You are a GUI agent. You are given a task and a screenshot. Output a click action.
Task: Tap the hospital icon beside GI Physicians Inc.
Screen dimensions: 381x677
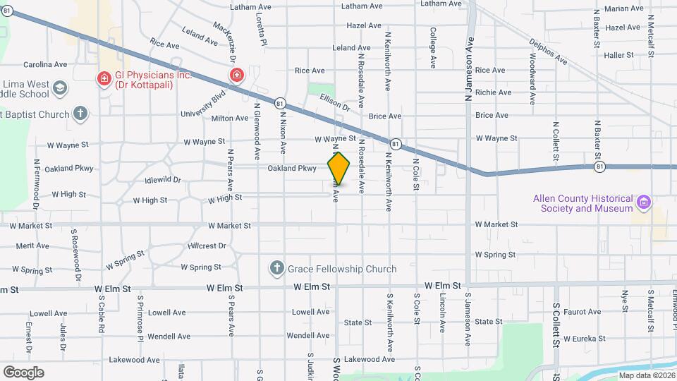[104, 78]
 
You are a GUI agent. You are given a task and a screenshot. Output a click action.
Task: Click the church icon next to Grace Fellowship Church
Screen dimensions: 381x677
[277, 269]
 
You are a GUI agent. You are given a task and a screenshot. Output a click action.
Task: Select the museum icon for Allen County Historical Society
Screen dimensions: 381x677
[642, 203]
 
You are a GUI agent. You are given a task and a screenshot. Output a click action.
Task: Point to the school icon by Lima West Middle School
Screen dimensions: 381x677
[60, 89]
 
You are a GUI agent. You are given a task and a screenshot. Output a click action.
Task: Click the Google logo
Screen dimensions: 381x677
[23, 373]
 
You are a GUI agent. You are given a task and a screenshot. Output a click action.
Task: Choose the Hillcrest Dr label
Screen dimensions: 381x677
[207, 246]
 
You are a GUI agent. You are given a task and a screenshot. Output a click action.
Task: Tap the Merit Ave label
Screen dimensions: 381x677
[32, 246]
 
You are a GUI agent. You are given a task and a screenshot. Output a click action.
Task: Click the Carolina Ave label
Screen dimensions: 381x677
[45, 64]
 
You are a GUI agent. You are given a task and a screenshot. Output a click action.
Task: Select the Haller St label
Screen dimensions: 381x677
[619, 54]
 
